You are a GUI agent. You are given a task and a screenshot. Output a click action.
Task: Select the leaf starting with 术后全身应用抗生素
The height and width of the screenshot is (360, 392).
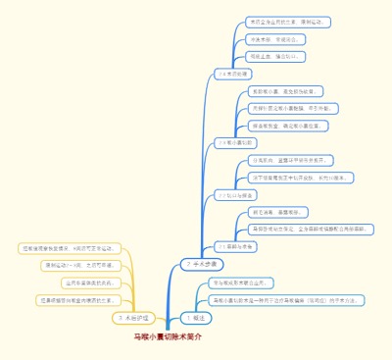pyautogui.click(x=288, y=22)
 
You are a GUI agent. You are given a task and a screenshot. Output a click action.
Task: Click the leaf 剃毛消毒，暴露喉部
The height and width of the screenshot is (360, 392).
pyautogui.click(x=278, y=212)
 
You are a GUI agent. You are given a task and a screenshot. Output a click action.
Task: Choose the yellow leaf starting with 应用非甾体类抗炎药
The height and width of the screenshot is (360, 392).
pyautogui.click(x=82, y=283)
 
